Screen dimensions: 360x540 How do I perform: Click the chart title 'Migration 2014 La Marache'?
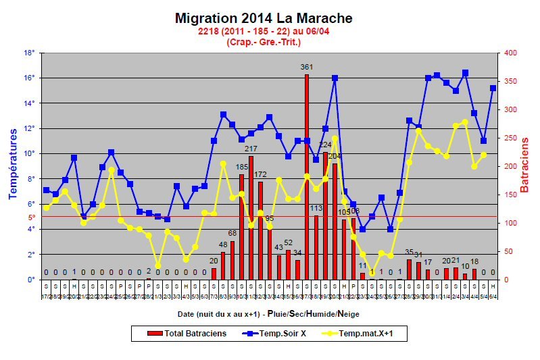point(264,18)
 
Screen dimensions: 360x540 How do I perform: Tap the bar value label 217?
point(251,149)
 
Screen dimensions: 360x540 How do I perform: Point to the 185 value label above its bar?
point(242,167)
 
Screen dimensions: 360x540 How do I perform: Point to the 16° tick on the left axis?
point(30,78)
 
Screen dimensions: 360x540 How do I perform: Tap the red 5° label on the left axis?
point(31,217)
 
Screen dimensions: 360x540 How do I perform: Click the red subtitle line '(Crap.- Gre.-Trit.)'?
point(264,42)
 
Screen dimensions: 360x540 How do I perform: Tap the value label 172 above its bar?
point(260,174)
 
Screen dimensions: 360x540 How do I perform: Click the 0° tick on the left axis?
point(31,280)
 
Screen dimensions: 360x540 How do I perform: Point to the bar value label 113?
point(316,208)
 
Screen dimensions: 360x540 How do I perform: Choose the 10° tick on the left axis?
point(30,153)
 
